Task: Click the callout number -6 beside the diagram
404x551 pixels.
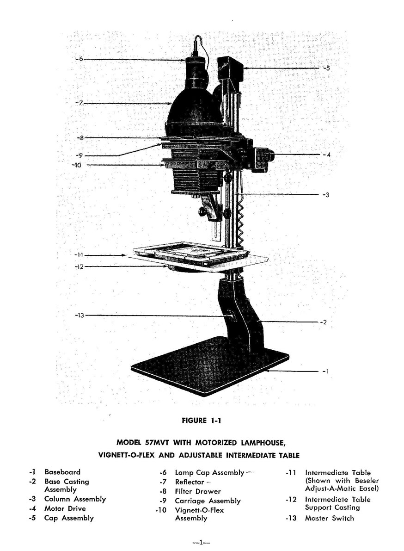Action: pyautogui.click(x=80, y=59)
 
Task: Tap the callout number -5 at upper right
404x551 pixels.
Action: pyautogui.click(x=326, y=68)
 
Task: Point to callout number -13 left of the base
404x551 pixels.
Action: pyautogui.click(x=80, y=315)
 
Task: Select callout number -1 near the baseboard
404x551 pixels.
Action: pyautogui.click(x=325, y=371)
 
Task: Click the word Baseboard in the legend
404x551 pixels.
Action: pyautogui.click(x=62, y=472)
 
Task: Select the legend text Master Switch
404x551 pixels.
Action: pyautogui.click(x=329, y=518)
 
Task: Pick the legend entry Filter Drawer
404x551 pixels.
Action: pyautogui.click(x=198, y=491)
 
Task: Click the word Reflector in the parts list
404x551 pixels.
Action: pyautogui.click(x=190, y=482)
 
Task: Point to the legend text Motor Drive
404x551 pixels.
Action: pyautogui.click(x=65, y=508)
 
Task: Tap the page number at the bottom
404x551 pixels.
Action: pyautogui.click(x=202, y=542)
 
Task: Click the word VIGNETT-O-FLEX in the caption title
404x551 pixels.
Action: pyautogui.click(x=127, y=455)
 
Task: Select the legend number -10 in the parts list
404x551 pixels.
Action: pyautogui.click(x=161, y=510)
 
